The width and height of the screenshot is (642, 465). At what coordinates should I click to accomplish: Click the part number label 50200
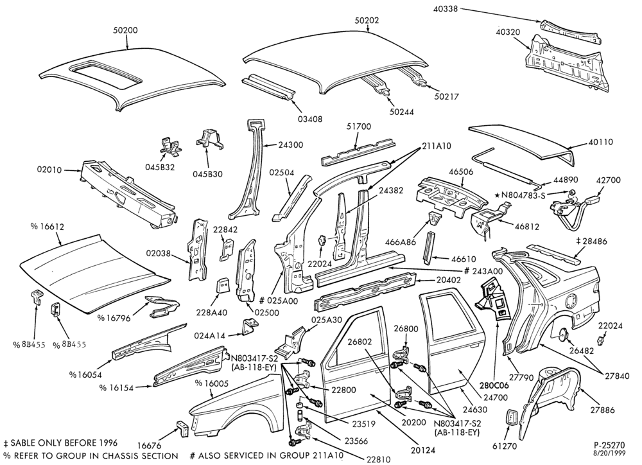tap(126, 30)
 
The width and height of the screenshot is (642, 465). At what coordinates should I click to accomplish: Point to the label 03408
tap(309, 119)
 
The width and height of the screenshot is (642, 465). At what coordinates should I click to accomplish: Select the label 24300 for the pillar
tap(290, 145)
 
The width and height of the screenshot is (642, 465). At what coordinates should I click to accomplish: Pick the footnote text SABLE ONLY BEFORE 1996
tap(64, 443)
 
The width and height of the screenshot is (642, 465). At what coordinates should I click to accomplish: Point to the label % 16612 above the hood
tap(48, 227)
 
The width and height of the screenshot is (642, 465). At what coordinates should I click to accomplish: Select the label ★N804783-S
tap(521, 195)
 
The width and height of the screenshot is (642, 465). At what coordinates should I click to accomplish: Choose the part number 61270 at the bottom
tap(506, 446)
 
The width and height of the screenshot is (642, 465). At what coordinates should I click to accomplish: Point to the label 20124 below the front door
tap(422, 450)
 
